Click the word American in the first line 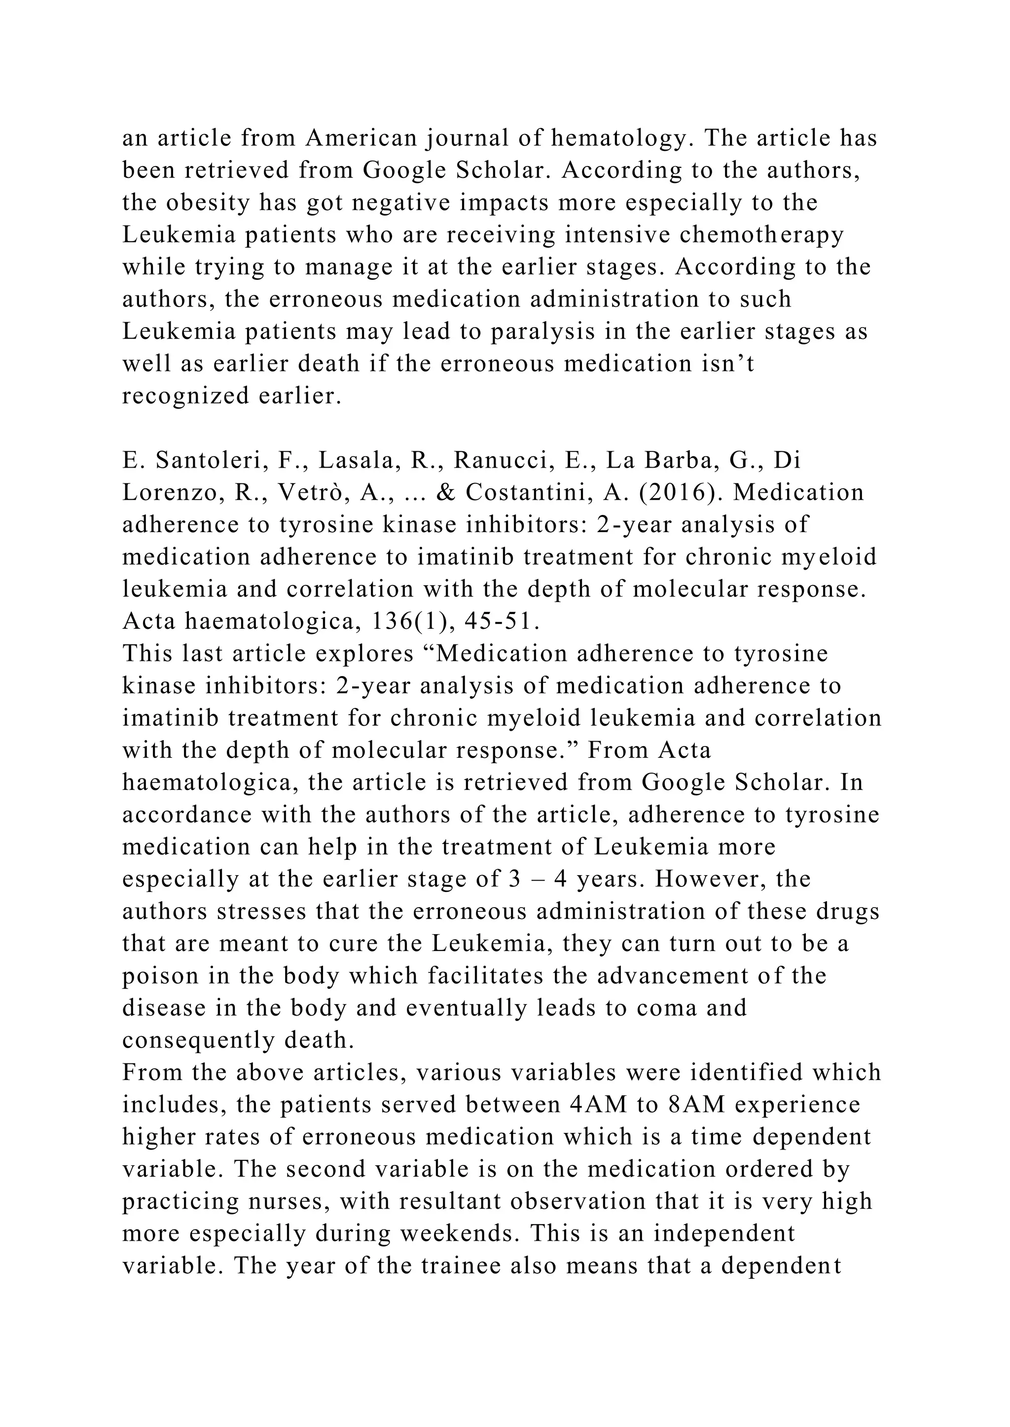coord(361,138)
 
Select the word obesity coord(203,203)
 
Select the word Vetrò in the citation coord(308,493)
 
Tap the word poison coord(159,976)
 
